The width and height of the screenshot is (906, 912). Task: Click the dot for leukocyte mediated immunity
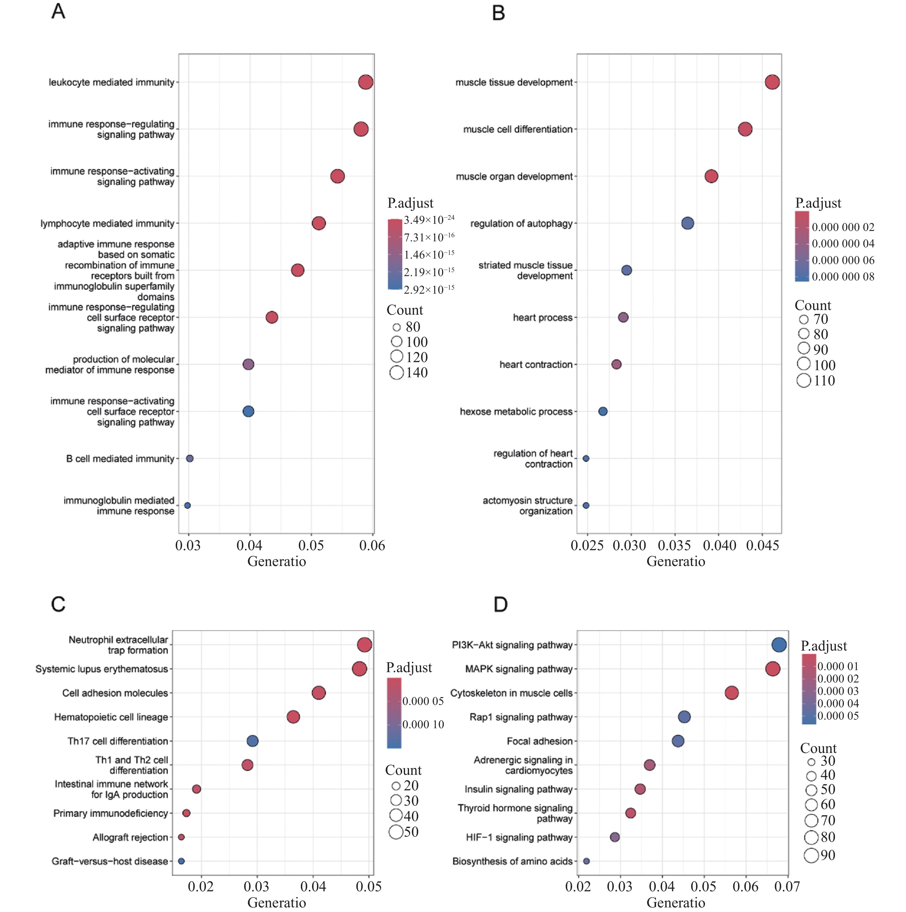(x=366, y=82)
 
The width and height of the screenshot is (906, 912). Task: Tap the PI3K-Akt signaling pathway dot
(x=779, y=645)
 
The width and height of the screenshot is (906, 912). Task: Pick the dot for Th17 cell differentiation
(x=253, y=741)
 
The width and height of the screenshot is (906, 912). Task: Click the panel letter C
(x=58, y=605)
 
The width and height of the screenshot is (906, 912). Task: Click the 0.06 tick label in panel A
(x=372, y=546)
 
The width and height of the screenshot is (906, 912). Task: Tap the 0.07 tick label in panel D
(x=787, y=886)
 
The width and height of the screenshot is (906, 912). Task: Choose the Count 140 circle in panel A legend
(x=397, y=373)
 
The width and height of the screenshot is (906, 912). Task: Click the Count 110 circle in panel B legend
(x=804, y=381)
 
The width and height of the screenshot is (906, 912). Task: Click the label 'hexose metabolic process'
(x=516, y=412)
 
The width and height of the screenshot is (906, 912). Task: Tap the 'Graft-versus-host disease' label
(x=110, y=861)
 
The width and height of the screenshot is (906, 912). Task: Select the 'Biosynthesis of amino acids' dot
(x=586, y=861)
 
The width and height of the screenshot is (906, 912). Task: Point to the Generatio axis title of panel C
(x=277, y=903)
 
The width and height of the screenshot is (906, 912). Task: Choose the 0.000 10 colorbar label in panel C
(x=423, y=724)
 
